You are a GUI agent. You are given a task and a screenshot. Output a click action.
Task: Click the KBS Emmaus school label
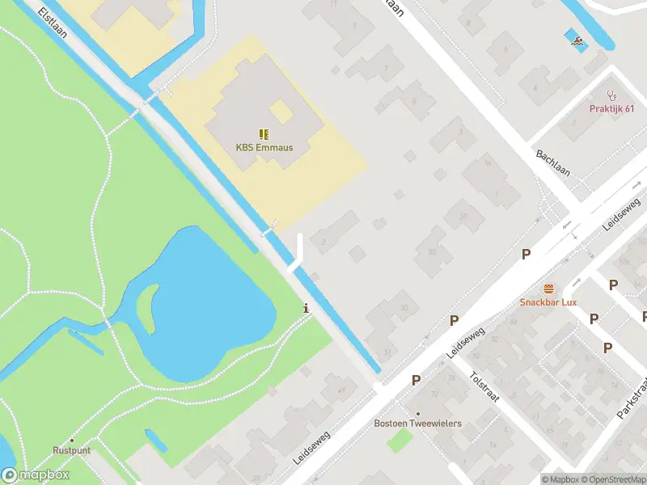(264, 148)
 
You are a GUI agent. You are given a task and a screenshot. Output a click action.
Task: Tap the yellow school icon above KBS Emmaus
(264, 133)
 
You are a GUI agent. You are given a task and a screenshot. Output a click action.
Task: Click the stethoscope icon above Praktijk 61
(612, 95)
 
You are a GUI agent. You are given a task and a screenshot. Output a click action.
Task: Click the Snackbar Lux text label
(548, 302)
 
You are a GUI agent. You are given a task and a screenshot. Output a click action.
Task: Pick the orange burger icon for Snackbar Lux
(549, 289)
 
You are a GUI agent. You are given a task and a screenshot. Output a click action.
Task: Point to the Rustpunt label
(72, 450)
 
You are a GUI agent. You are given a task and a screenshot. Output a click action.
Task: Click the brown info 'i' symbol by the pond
(306, 308)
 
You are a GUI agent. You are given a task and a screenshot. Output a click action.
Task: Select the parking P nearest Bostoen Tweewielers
(417, 380)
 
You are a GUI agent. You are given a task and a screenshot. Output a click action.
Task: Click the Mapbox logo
(36, 475)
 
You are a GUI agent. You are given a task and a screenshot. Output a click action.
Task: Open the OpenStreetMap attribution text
(615, 479)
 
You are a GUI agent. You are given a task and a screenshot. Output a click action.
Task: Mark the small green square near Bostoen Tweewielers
(400, 441)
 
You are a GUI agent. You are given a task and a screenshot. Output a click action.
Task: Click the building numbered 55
(432, 253)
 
